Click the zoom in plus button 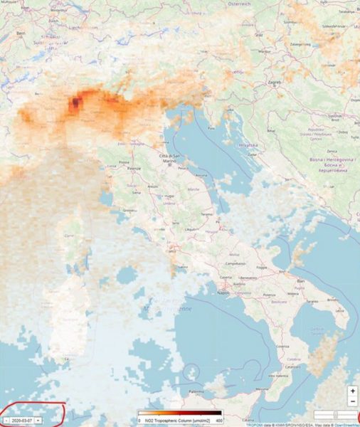point(352,391)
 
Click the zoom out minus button point(352,401)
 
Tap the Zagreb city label point(274,83)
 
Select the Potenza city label point(269,294)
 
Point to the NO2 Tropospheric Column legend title point(181,421)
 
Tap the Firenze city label point(134,169)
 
